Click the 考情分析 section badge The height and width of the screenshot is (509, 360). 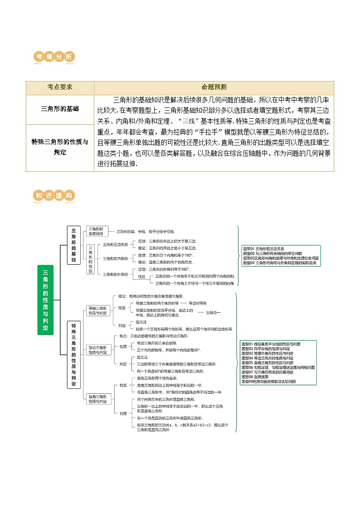click(x=54, y=57)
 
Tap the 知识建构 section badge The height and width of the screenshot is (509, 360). click(x=54, y=196)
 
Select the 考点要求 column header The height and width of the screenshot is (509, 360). click(x=60, y=87)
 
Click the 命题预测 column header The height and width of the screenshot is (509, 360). click(x=214, y=87)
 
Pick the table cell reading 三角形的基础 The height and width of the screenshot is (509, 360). click(x=60, y=109)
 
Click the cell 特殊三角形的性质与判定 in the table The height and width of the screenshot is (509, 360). click(x=60, y=147)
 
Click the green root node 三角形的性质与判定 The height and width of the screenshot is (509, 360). click(x=45, y=300)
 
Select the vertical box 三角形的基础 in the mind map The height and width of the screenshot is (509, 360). click(x=73, y=245)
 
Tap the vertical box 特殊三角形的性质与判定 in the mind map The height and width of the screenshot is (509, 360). click(x=73, y=354)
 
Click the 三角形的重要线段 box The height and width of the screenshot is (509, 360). click(x=96, y=231)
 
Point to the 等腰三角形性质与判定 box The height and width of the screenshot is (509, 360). click(x=98, y=310)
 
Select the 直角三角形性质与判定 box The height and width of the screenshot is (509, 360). click(x=98, y=399)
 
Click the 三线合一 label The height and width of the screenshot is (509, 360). click(x=214, y=312)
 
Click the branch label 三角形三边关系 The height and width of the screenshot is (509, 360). click(x=115, y=244)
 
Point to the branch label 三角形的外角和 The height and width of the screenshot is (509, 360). click(x=115, y=274)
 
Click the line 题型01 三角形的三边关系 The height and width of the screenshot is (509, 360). click(x=264, y=249)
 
